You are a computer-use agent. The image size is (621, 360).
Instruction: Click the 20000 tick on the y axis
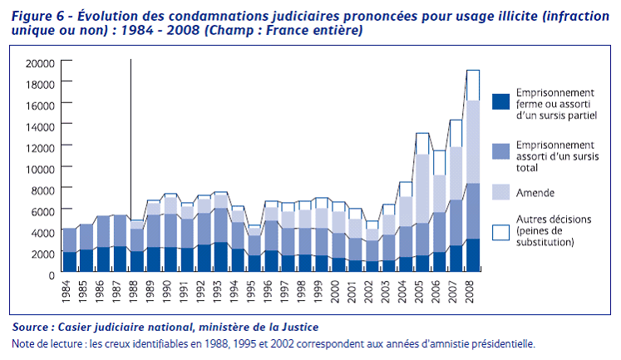[41, 63]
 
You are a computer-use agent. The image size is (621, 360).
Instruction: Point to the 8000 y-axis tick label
[43, 190]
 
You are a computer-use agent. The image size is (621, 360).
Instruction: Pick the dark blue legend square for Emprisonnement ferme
[500, 101]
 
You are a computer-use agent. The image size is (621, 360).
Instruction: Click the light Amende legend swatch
[500, 191]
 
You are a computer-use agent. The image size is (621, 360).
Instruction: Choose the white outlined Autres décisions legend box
[500, 231]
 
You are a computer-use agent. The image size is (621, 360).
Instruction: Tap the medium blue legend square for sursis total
[500, 150]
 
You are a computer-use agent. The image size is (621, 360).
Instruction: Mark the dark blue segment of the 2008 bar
[472, 255]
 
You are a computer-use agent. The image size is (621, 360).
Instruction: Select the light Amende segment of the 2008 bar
[472, 141]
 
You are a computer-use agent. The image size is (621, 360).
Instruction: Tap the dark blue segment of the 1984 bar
[70, 262]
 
